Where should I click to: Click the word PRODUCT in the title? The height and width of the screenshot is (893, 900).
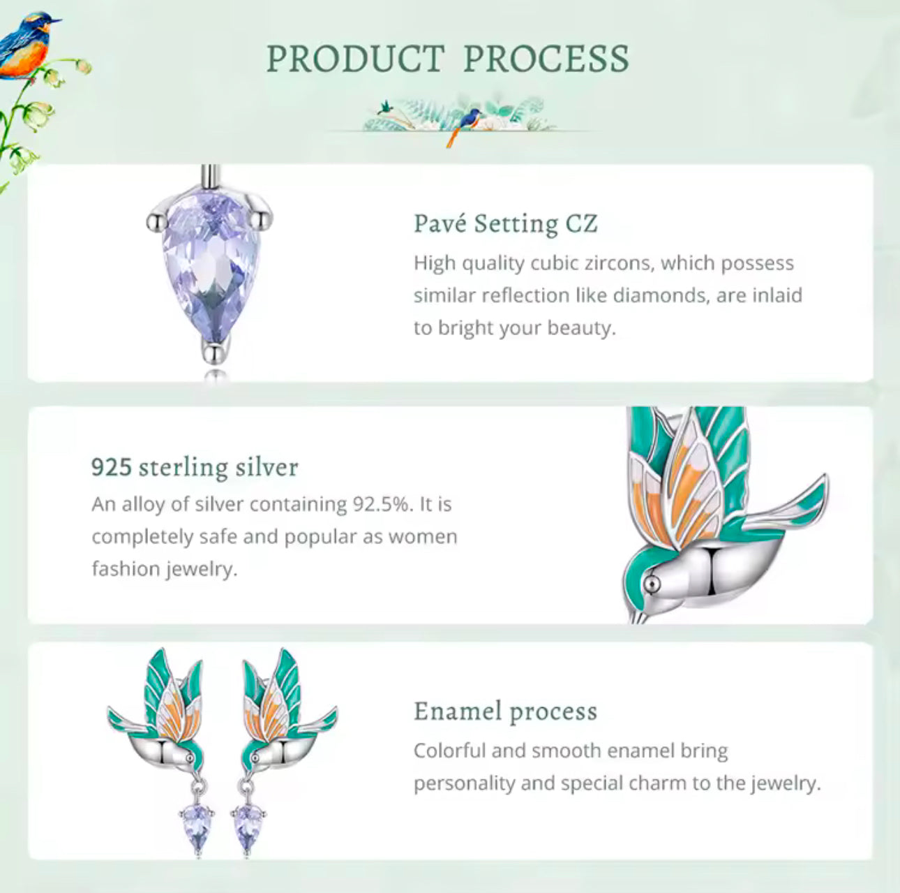point(355,59)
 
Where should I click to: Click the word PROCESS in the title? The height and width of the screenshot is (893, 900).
point(546,59)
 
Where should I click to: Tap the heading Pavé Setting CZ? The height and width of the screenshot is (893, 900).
point(505,223)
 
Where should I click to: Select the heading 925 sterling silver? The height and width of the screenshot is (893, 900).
point(195,466)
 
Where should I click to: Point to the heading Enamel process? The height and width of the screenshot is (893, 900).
point(505,711)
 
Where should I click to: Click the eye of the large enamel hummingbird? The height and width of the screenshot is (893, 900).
point(652,581)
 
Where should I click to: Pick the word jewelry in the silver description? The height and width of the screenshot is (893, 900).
point(202,569)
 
